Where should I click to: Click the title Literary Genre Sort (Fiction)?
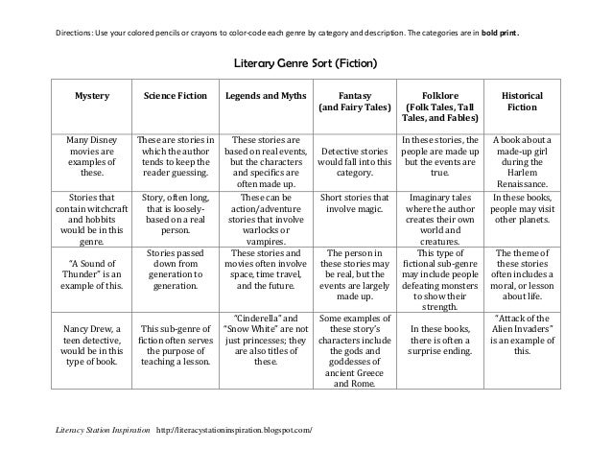coord(306,66)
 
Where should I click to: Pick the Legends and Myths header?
coord(265,98)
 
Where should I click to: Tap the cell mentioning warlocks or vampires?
coord(265,217)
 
